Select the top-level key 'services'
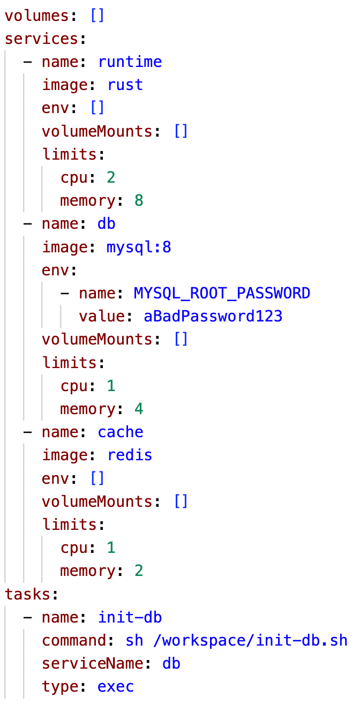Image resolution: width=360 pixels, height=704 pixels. tap(41, 39)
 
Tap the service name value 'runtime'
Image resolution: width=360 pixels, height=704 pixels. tap(130, 62)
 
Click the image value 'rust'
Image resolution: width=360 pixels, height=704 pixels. tap(125, 85)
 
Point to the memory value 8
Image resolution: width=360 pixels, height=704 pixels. tap(139, 201)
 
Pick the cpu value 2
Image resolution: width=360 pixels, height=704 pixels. tap(111, 177)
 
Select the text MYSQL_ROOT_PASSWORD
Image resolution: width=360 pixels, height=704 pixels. tap(222, 294)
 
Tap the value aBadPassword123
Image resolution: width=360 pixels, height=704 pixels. tap(213, 316)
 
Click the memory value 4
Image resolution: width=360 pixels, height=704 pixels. tap(139, 409)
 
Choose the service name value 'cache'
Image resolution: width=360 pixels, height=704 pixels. tap(121, 432)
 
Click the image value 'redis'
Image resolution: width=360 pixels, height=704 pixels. tap(130, 455)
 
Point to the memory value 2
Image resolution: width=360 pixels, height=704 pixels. tap(139, 571)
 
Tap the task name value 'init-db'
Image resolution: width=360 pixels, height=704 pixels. tap(130, 617)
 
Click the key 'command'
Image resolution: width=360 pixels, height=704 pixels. tap(78, 640)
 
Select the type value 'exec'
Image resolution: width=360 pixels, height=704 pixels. tap(116, 687)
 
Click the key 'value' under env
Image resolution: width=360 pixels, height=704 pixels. tap(101, 316)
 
